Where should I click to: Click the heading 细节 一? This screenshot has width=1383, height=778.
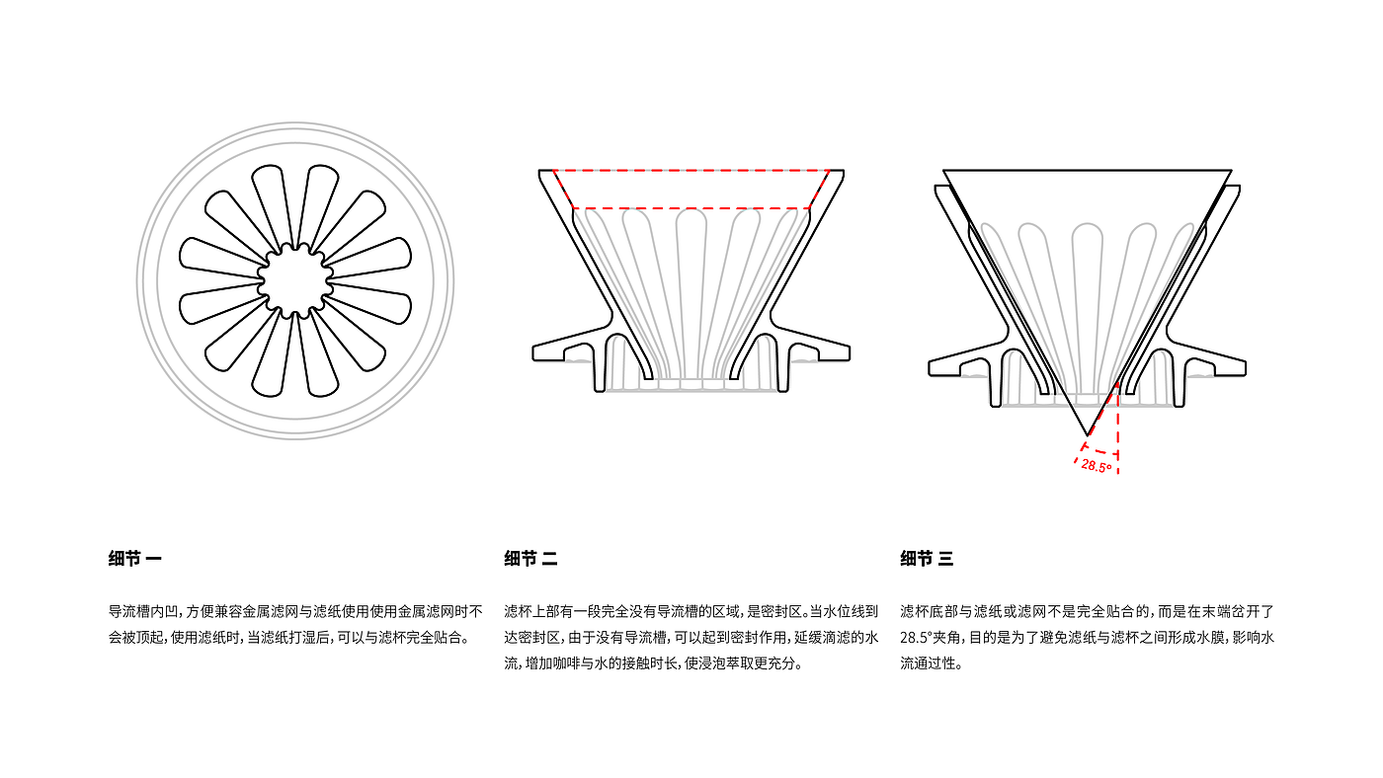click(134, 559)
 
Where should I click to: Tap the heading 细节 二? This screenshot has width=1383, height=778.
click(531, 559)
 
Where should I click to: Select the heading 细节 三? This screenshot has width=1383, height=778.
click(927, 559)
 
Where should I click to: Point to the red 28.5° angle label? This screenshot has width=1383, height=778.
click(1097, 466)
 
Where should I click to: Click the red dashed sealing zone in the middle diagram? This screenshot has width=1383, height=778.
click(691, 189)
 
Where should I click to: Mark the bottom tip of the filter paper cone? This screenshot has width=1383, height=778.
click(1088, 435)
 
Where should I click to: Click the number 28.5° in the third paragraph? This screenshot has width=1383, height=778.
click(918, 638)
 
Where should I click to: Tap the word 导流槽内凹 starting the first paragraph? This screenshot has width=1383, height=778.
click(140, 611)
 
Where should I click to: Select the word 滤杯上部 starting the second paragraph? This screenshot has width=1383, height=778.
click(529, 611)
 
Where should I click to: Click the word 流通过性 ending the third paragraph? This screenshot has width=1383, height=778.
click(927, 663)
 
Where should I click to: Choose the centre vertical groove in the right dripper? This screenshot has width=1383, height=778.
click(1088, 307)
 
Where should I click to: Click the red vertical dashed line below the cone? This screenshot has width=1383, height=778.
click(1118, 428)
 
